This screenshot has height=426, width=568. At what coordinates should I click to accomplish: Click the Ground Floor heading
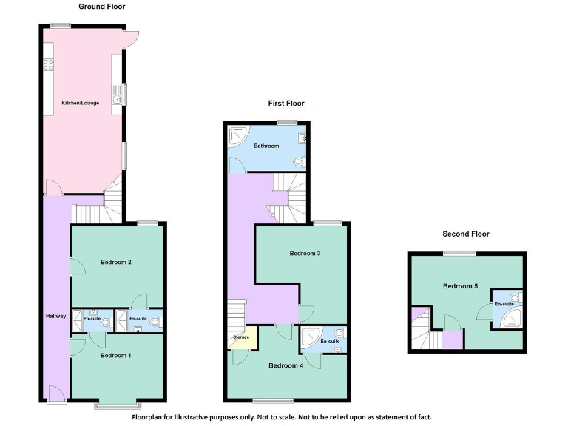[102, 7]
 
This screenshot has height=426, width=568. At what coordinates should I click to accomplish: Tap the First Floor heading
[286, 104]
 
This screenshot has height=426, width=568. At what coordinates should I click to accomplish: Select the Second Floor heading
[466, 234]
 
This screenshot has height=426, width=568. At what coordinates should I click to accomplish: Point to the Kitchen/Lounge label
[80, 102]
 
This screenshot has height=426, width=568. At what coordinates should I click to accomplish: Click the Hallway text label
[55, 316]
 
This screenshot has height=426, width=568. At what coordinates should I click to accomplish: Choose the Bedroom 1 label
[115, 356]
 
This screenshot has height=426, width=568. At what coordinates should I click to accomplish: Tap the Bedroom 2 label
[116, 262]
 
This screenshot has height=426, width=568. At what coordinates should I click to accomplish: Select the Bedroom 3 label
[305, 254]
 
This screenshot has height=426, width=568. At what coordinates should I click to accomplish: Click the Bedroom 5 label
[459, 286]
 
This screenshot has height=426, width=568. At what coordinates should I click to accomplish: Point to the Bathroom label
[266, 146]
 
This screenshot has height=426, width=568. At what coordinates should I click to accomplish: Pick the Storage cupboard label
[241, 337]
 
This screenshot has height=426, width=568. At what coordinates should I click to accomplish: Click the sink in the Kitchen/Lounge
[117, 95]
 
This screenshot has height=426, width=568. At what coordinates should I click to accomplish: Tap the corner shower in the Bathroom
[238, 136]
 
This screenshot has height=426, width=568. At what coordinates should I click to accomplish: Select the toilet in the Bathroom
[300, 160]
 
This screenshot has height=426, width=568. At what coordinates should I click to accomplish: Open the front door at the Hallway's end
[53, 393]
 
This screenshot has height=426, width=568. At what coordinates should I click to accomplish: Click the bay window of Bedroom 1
[117, 405]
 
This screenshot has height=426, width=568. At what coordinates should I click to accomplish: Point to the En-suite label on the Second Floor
[504, 304]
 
